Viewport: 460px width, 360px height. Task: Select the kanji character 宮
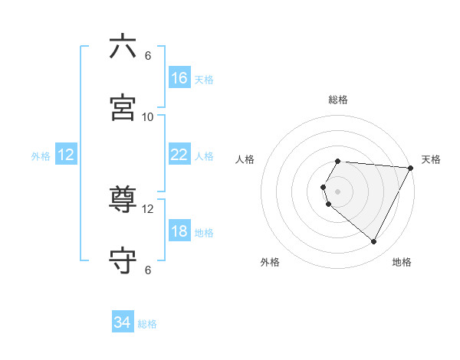tap(123, 108)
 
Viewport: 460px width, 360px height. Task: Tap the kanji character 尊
tap(123, 200)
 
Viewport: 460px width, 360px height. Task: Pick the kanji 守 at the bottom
tap(123, 261)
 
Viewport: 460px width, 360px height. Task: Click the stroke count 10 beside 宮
tap(148, 116)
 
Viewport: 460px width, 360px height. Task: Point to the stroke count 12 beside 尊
tap(148, 208)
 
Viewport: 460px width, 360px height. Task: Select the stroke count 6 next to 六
tap(148, 55)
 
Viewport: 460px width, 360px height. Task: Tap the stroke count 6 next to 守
tap(148, 270)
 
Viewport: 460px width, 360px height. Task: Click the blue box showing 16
tap(179, 78)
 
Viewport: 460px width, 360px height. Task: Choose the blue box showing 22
tap(179, 155)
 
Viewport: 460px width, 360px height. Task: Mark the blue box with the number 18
tap(179, 231)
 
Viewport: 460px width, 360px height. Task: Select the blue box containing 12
tap(66, 155)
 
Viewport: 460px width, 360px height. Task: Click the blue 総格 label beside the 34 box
tap(147, 324)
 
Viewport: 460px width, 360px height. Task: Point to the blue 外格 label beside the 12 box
tap(41, 156)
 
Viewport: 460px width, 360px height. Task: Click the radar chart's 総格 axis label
tap(338, 100)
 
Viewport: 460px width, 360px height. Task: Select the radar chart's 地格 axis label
tap(402, 262)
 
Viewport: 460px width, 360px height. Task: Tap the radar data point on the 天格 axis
tap(411, 168)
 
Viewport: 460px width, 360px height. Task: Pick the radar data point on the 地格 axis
tap(374, 242)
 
